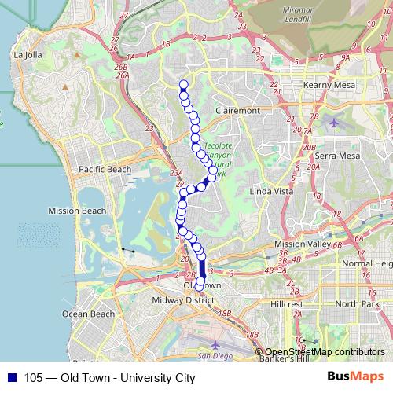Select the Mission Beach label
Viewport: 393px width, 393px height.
click(76, 211)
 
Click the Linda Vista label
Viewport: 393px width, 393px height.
click(270, 192)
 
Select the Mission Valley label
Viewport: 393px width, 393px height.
click(303, 244)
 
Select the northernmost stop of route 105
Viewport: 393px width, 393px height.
click(184, 85)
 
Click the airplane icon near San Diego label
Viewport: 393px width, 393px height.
click(215, 344)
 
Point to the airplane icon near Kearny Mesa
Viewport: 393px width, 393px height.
click(335, 122)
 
